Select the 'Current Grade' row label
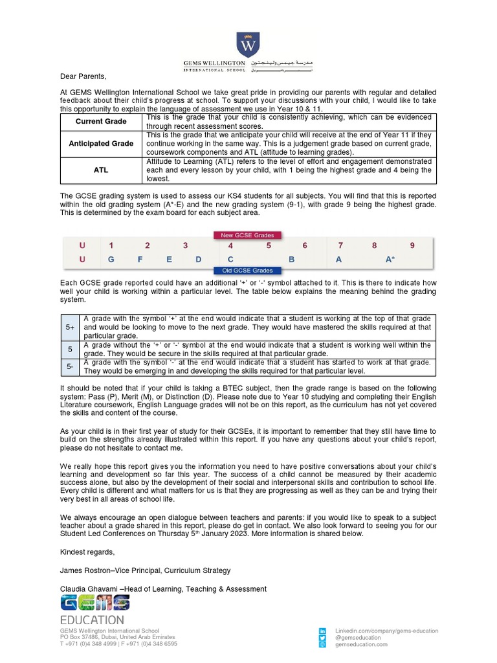[101, 122]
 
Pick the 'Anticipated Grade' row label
[101, 143]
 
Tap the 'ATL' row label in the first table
[101, 170]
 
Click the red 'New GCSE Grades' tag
[248, 235]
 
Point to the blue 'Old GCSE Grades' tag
[248, 271]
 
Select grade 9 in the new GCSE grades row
[412, 245]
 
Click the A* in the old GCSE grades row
[390, 260]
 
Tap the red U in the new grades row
[82, 245]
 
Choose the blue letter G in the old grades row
[111, 260]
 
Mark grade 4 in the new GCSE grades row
[230, 245]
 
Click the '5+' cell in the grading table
[71, 328]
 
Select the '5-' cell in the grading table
[71, 367]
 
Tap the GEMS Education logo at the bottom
[94, 611]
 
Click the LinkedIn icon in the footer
[322, 631]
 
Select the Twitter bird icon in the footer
[322, 638]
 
